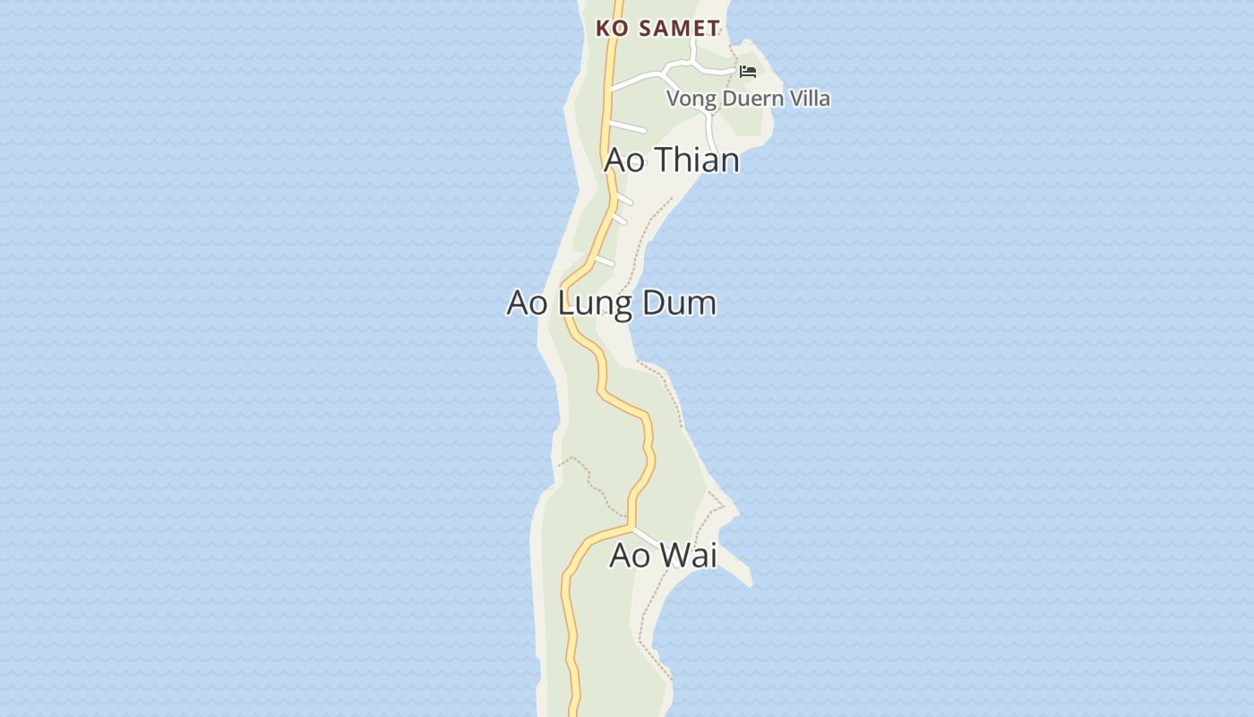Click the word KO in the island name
pos(612,29)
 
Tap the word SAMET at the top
pos(680,29)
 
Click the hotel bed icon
pos(748,72)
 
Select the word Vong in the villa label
pos(691,99)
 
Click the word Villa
pos(806,99)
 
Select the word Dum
pos(680,303)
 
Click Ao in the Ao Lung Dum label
pos(528,303)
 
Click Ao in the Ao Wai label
pos(629,556)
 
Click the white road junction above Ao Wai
pos(632,527)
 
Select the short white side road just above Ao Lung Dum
pos(605,261)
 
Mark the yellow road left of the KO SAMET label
pos(610,54)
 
